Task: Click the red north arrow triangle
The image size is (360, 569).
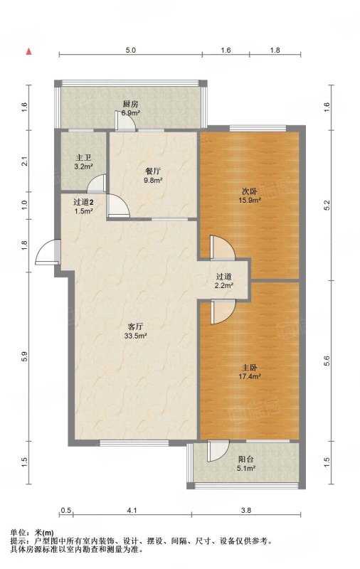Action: click(28, 51)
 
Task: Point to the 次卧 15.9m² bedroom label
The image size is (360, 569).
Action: click(250, 195)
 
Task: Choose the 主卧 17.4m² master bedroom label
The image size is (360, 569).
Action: click(250, 372)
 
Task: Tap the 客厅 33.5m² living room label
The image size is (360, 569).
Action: click(135, 331)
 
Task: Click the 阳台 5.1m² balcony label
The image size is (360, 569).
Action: click(246, 464)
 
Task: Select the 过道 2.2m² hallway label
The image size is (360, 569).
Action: click(223, 281)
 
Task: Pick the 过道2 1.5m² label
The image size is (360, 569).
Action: click(83, 206)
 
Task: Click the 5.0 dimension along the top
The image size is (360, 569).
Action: click(131, 50)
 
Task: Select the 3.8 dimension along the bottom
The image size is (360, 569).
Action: click(246, 510)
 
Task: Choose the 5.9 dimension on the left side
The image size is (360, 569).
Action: click(24, 357)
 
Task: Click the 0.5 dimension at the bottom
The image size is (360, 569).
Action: click(65, 510)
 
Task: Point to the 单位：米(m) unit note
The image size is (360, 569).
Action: click(31, 533)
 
